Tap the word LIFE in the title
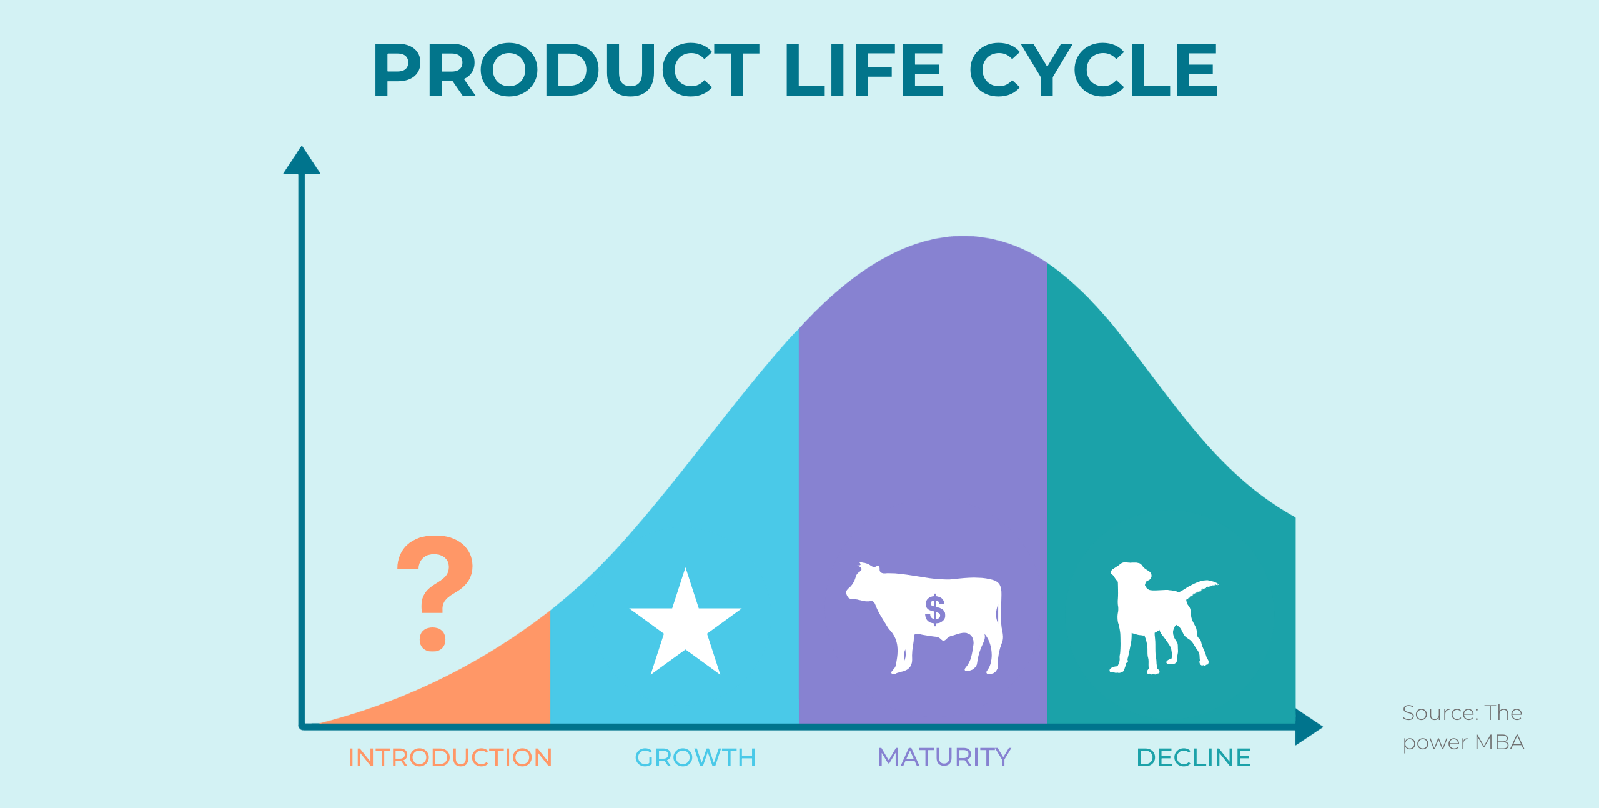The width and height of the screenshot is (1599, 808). (864, 69)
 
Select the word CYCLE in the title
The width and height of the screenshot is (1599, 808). (1094, 69)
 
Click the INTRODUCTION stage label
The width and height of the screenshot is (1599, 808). (450, 757)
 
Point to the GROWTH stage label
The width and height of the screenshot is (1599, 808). (695, 757)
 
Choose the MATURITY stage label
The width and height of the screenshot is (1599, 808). (944, 757)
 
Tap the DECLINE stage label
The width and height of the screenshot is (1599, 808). (1194, 757)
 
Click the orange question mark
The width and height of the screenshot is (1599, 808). (435, 593)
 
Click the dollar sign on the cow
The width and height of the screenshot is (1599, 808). (935, 610)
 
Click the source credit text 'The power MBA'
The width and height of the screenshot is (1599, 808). (1463, 727)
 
